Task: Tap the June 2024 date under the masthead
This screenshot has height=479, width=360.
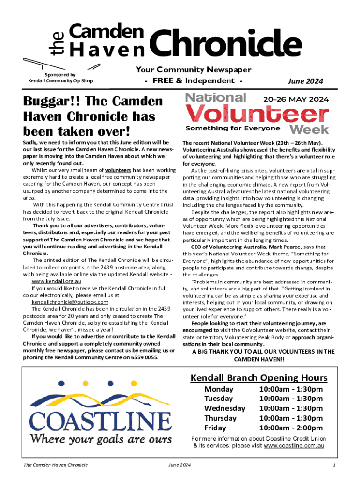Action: tap(305, 81)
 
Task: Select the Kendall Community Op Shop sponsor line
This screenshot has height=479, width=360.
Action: tap(60, 81)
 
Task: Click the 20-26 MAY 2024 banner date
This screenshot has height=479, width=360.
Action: tap(296, 99)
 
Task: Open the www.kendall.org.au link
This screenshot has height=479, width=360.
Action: tap(57, 282)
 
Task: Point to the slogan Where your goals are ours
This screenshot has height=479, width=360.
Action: tap(101, 439)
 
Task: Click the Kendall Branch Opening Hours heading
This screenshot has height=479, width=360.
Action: tap(259, 378)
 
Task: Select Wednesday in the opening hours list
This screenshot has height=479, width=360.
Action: tap(224, 408)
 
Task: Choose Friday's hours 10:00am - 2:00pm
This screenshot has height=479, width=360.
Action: tap(290, 428)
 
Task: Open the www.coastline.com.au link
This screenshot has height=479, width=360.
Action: tap(294, 446)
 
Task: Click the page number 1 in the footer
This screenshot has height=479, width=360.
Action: tap(334, 465)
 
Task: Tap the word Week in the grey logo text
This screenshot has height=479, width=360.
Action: tap(309, 129)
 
